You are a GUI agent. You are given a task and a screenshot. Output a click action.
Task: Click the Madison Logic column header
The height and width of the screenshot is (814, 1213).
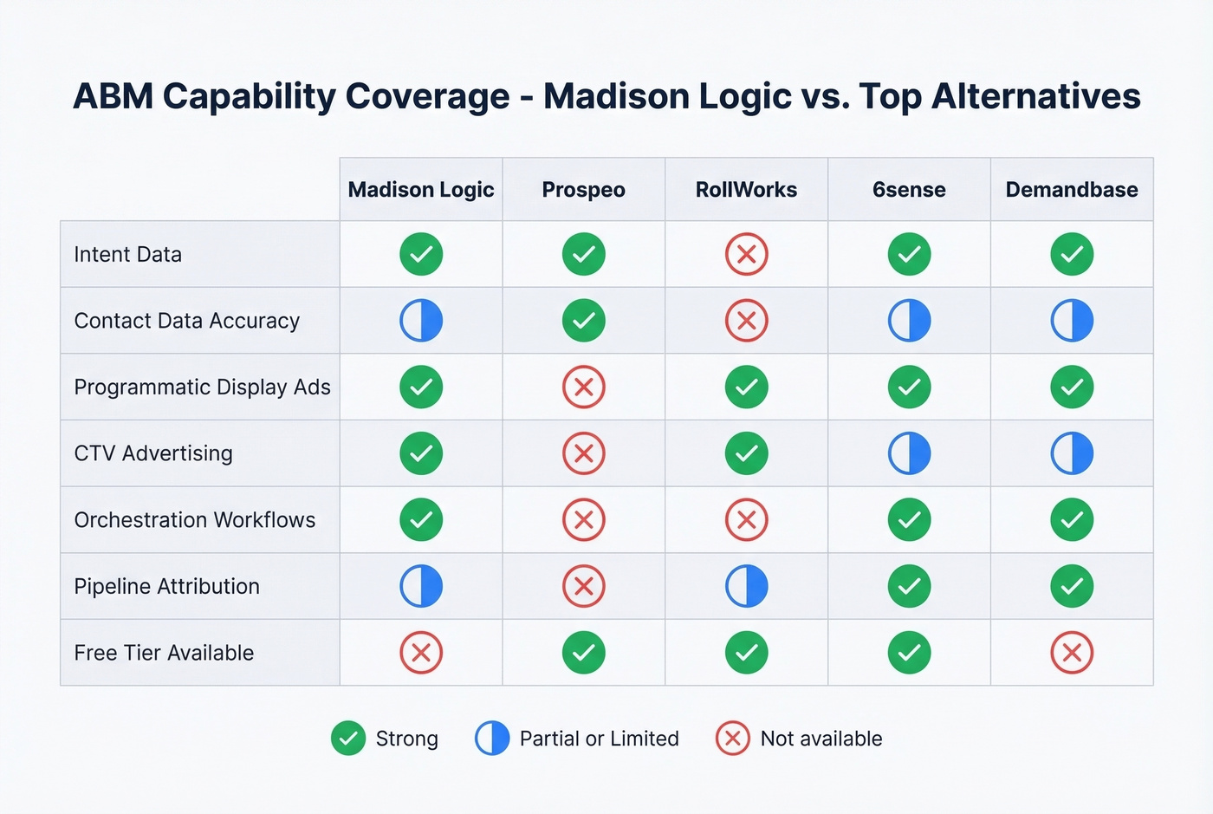coord(421,190)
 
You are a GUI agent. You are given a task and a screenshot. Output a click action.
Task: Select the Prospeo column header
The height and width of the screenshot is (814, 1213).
coord(583,190)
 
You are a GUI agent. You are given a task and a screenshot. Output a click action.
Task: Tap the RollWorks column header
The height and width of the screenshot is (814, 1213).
coord(746,190)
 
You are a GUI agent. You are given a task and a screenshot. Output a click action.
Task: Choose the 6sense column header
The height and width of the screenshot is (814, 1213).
coord(909,190)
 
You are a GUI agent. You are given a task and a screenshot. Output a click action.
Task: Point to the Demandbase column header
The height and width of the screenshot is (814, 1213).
coord(1072,190)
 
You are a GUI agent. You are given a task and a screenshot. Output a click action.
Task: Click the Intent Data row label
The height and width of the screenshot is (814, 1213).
coord(128,255)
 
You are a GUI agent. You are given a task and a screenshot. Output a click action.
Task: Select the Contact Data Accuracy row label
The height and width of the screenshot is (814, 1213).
coord(187,321)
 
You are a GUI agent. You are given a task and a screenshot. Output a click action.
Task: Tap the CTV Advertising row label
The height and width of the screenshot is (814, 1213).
coord(153,453)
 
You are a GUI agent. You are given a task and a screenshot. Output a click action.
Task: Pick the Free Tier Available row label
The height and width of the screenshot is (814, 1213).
coord(164,653)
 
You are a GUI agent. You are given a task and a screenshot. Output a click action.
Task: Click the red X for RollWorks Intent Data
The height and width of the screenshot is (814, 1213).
coord(746,255)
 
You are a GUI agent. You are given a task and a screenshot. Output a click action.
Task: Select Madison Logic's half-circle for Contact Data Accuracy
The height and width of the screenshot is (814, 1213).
coord(421,321)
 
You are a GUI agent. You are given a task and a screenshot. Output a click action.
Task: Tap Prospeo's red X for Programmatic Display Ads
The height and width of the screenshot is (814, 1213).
coord(583,387)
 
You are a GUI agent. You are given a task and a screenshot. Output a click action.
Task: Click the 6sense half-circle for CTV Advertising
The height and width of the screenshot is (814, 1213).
coord(909,453)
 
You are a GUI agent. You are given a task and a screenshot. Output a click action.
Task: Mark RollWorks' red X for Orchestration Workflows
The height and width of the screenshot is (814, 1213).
coord(746,520)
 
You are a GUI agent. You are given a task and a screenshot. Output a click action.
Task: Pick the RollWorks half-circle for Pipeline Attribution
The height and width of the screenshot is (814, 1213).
coord(746,586)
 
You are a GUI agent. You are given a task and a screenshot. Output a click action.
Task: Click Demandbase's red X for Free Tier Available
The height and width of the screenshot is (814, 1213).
coord(1072,653)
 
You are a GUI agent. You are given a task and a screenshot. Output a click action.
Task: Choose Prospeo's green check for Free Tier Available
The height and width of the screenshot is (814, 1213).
coord(583,653)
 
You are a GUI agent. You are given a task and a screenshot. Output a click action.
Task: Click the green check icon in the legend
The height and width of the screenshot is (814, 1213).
coord(348,739)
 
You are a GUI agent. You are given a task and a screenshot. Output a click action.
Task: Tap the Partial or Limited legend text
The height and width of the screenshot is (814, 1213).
coord(599,739)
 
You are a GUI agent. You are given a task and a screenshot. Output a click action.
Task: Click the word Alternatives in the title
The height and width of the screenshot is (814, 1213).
coord(1035,96)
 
